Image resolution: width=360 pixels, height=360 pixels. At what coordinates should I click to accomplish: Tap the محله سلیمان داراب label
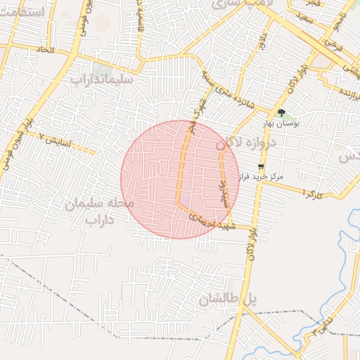tap(99, 212)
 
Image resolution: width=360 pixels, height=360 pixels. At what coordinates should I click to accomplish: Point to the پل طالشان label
tap(228, 300)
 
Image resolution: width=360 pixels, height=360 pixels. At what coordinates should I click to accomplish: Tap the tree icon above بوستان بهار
tap(281, 112)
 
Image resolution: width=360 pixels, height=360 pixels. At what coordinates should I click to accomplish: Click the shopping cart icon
tap(262, 167)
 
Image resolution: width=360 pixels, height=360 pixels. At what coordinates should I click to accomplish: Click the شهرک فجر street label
tap(198, 110)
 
